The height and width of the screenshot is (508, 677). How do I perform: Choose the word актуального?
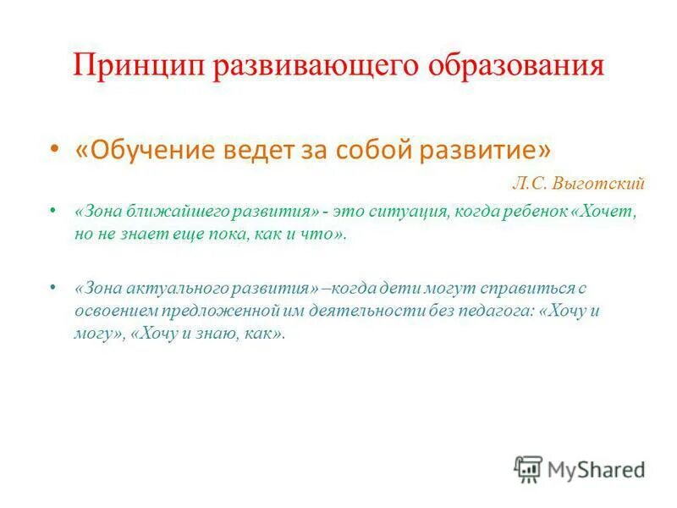[164, 288]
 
